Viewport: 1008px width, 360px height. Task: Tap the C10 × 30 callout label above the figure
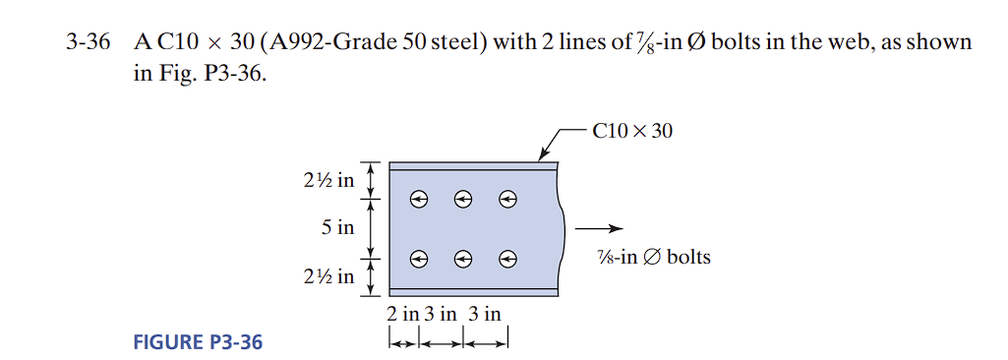pos(633,130)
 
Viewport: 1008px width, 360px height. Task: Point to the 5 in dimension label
pos(337,227)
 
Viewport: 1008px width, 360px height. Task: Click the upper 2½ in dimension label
pos(329,181)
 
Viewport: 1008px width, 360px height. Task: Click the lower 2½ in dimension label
pos(329,275)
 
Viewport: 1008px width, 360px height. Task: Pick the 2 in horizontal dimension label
pos(402,315)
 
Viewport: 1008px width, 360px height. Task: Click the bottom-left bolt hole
pos(419,259)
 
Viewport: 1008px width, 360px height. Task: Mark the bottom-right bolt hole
pos(507,259)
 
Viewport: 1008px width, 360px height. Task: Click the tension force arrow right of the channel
pos(596,228)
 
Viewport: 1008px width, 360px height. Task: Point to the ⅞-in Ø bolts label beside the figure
pos(653,258)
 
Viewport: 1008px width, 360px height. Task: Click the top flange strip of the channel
pos(472,166)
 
